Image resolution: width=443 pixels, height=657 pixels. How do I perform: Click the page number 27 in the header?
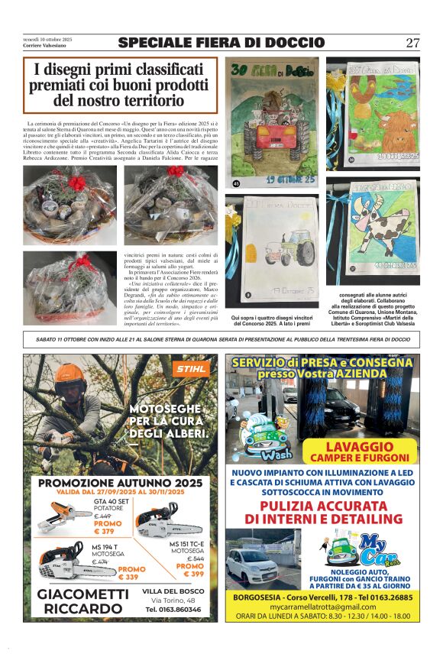pyautogui.click(x=412, y=43)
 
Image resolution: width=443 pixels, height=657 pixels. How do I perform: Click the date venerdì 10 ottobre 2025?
pyautogui.click(x=47, y=38)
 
